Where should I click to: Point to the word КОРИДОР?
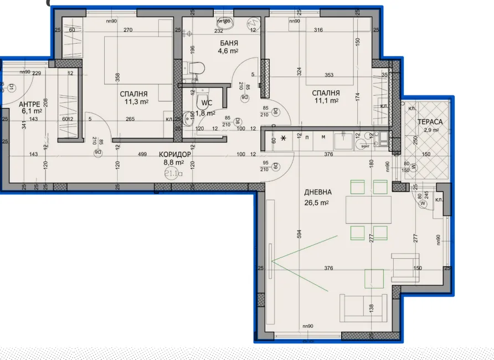coord(174,155)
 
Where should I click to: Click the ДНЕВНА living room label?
coord(318,192)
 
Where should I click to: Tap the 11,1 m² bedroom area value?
coord(326,101)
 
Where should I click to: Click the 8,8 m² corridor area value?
coord(174,163)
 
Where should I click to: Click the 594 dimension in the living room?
coord(300,234)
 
